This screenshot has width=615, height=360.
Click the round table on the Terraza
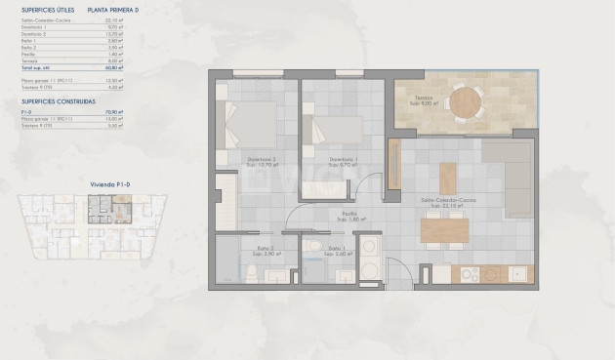click(x=465, y=100)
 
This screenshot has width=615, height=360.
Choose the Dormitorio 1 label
click(x=342, y=162)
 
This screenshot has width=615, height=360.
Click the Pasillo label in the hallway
click(x=348, y=216)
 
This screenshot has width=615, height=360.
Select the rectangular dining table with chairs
click(x=444, y=229)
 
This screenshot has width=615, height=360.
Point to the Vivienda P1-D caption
click(x=109, y=183)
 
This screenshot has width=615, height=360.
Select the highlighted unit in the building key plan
click(x=101, y=206)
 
